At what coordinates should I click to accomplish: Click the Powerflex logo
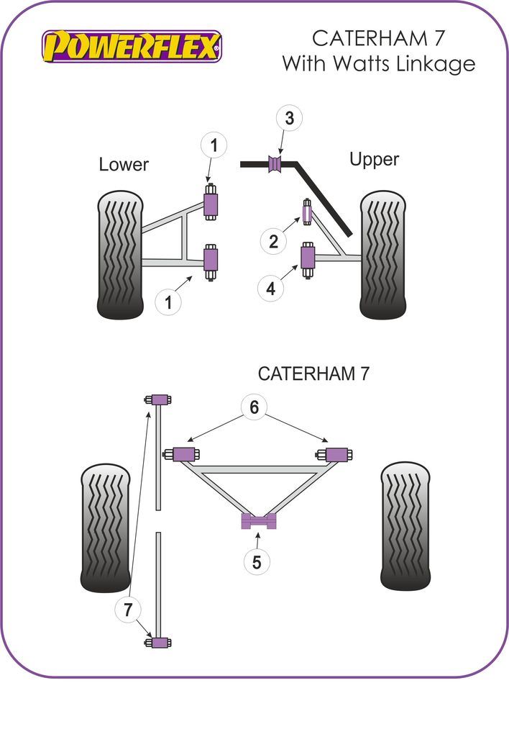(x=132, y=46)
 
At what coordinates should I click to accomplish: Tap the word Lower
(x=124, y=164)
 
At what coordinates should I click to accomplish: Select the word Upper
(x=374, y=159)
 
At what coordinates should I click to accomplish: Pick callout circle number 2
(x=273, y=241)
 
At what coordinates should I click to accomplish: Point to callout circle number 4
(x=270, y=289)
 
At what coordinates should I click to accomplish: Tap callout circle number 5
(x=257, y=561)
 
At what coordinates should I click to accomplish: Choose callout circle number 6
(x=254, y=408)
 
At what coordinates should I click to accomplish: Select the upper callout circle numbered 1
(x=214, y=146)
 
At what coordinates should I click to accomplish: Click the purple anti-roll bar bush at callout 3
(x=275, y=163)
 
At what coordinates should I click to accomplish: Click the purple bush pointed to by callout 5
(x=258, y=522)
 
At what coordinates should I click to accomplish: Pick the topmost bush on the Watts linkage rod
(x=159, y=399)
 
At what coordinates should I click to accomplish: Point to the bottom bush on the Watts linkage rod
(x=159, y=642)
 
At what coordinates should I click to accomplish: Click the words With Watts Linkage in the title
(x=378, y=63)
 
